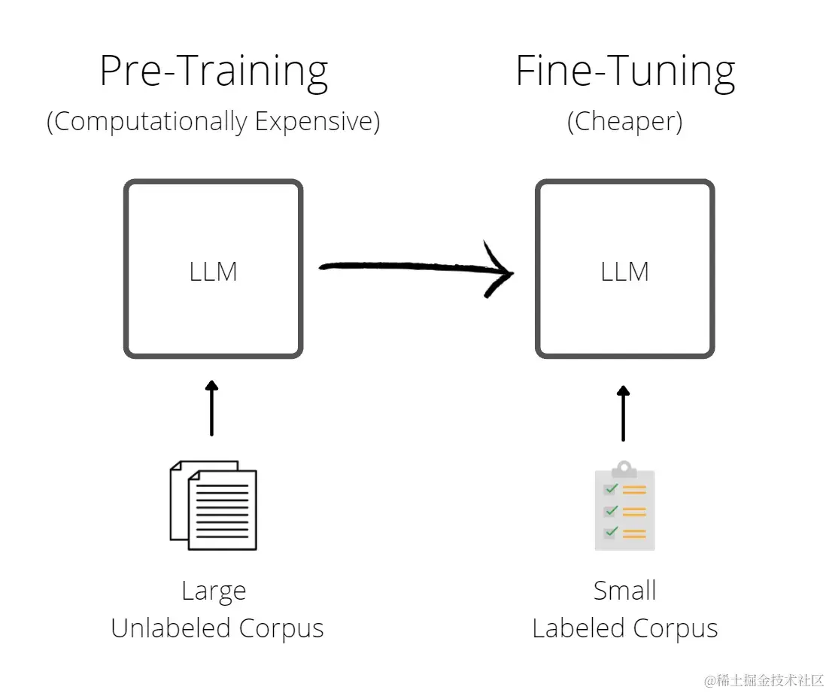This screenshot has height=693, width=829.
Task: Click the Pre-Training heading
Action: click(x=214, y=72)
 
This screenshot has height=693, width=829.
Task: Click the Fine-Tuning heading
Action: click(x=624, y=72)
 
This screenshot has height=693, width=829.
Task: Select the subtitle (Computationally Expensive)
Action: click(x=214, y=121)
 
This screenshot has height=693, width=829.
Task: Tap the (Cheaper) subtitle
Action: click(x=624, y=121)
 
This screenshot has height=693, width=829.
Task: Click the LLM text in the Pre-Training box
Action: click(x=214, y=271)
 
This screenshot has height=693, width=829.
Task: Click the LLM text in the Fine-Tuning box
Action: click(x=624, y=271)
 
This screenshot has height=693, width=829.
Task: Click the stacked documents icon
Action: click(x=214, y=505)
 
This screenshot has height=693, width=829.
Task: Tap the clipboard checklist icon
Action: click(x=624, y=506)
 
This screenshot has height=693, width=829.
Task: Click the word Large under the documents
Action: click(x=214, y=591)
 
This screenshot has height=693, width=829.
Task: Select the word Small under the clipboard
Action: click(x=624, y=591)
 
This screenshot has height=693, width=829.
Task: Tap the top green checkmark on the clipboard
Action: click(x=611, y=489)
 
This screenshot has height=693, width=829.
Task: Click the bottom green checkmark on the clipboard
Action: click(x=611, y=532)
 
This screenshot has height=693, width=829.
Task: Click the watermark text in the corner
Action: click(x=764, y=679)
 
